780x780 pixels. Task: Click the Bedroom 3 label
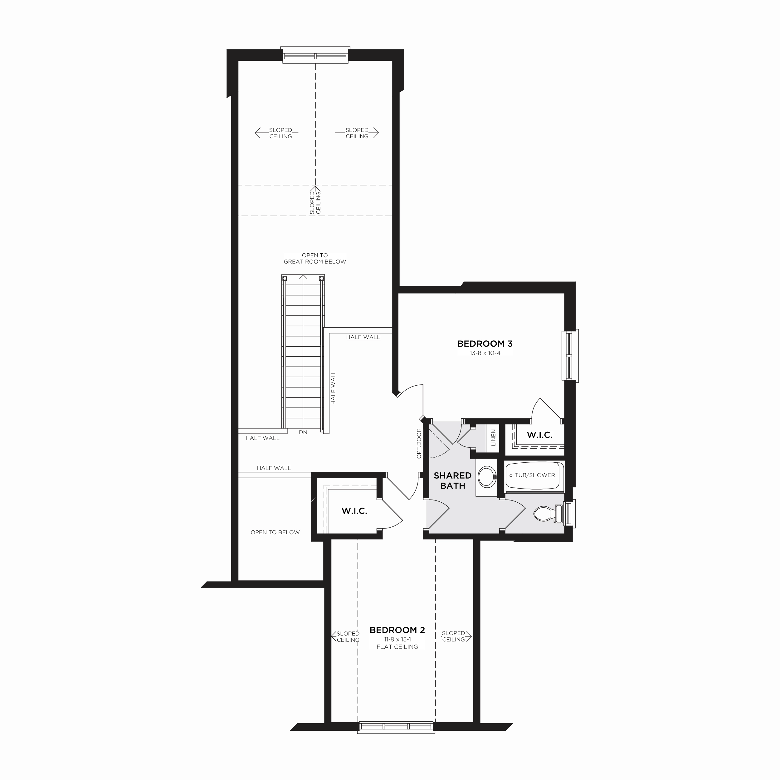click(485, 344)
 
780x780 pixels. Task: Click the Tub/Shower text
click(534, 475)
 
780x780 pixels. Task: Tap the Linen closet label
click(493, 438)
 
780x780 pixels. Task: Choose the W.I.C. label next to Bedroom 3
click(539, 435)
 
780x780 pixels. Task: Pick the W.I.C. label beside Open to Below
click(354, 511)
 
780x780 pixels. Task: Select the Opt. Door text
click(419, 443)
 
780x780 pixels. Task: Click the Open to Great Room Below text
click(314, 258)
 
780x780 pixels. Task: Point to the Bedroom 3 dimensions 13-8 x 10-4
click(485, 353)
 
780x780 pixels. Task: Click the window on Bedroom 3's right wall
click(570, 356)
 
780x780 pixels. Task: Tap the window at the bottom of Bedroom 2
click(396, 738)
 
